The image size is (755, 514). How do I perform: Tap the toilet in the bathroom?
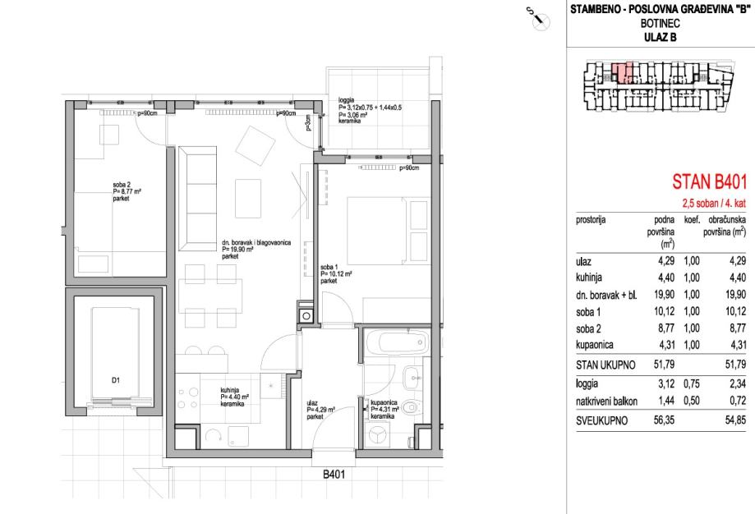point(412,407)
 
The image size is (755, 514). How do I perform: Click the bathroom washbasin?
point(412,378)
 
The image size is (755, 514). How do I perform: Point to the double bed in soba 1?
point(388,231)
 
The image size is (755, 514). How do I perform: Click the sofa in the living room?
point(197,199)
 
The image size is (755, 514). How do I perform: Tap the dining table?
point(210,296)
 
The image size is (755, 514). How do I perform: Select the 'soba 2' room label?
point(122,184)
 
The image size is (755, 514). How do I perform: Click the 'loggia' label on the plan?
point(346,100)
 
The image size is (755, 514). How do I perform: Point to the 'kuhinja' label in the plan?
point(230,390)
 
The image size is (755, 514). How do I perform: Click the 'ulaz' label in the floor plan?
point(312,403)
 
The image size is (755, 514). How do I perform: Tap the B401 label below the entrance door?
point(334,475)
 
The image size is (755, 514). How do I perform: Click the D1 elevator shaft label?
point(116,380)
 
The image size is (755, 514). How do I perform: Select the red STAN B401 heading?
point(709,182)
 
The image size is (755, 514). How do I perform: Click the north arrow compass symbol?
point(538,18)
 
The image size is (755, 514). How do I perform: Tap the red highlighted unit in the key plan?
point(623,73)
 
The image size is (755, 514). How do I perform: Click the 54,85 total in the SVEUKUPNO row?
point(736,420)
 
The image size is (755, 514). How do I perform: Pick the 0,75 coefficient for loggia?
point(692,383)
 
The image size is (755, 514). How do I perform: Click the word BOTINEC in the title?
point(661,23)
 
